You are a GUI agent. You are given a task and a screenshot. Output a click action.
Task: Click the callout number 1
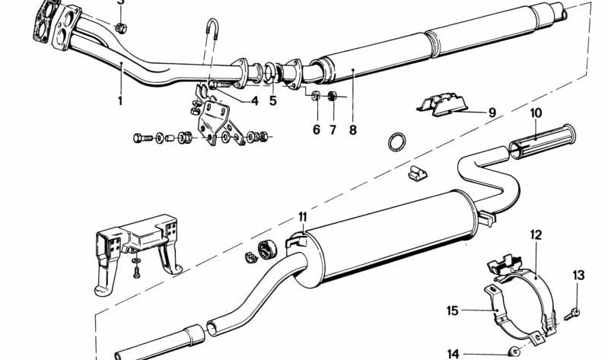tap(119, 99)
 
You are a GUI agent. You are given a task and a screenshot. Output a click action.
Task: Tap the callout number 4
tap(255, 100)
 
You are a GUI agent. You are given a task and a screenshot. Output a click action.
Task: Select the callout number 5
tap(273, 100)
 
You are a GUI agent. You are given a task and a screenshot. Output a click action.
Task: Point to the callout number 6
tap(317, 129)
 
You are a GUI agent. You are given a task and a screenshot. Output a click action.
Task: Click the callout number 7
tap(333, 129)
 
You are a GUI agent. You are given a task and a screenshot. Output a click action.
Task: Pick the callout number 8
tap(353, 129)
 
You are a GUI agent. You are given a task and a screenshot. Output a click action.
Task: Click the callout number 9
tap(492, 113)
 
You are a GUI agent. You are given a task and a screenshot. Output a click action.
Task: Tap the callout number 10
tap(536, 113)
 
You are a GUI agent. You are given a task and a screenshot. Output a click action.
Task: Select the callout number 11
tap(302, 216)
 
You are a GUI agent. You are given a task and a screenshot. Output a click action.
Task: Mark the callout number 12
tap(536, 235)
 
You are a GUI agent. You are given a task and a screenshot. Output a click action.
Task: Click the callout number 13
tap(578, 275)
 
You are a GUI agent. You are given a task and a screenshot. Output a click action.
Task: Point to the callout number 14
tap(453, 352)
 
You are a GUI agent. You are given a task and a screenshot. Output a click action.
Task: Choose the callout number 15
tap(453, 310)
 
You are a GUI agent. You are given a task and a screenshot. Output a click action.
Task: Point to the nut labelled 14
tap(515, 351)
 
